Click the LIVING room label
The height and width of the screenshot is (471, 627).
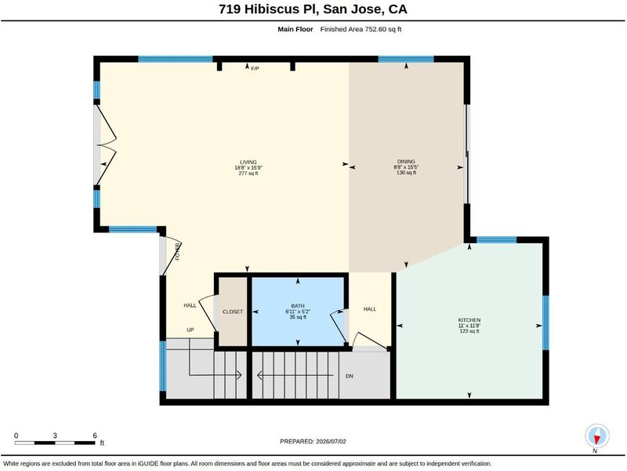[x=248, y=162]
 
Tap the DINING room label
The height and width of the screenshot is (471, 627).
[x=406, y=162]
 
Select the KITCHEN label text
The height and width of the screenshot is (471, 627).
[x=469, y=320]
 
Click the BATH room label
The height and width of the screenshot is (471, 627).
[x=298, y=306]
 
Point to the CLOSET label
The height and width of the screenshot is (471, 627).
[x=233, y=312]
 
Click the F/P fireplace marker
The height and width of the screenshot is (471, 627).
[x=255, y=68]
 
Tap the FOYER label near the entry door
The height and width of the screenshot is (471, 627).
[x=178, y=252]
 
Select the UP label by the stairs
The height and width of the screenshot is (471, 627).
[x=190, y=330]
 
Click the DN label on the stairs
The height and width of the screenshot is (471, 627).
[x=349, y=376]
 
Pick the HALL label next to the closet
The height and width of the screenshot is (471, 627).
[x=190, y=305]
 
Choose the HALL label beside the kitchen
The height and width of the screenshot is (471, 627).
[x=370, y=309]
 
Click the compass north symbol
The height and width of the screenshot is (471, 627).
[x=597, y=437]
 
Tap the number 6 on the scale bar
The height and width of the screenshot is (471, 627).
[x=95, y=436]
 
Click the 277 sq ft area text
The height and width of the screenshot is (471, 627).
[x=248, y=173]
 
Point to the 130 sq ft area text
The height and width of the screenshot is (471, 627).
[x=406, y=173]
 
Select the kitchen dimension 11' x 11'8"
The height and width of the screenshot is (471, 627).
[x=469, y=326]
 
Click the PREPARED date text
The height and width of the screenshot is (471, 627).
[x=313, y=441]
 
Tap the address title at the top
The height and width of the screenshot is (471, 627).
[x=313, y=9]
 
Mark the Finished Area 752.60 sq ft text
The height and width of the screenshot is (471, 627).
[x=361, y=29]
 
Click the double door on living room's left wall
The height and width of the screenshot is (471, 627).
[x=105, y=146]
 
